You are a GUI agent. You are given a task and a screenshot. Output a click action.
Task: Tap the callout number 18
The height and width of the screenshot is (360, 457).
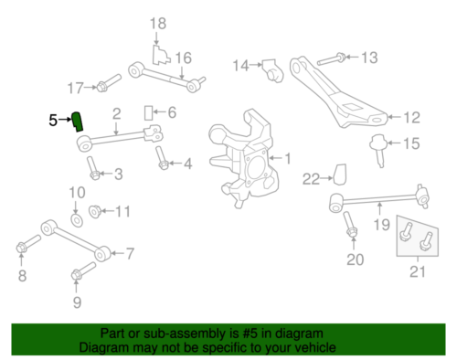point(158,23)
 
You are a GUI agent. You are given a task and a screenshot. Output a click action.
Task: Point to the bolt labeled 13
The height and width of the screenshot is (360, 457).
point(337,58)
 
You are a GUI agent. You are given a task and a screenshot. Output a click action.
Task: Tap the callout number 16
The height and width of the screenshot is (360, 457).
point(184,58)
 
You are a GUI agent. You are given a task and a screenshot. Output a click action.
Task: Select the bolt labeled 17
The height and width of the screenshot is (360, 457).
point(103,87)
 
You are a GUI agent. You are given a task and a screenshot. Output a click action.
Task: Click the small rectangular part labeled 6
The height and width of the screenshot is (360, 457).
point(146,112)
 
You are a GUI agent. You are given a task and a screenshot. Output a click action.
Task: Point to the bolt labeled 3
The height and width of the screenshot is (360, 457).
point(93,170)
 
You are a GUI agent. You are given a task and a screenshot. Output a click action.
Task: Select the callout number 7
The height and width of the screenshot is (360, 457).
point(129,253)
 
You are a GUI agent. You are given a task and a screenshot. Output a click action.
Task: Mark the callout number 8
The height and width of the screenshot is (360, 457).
point(22,275)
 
